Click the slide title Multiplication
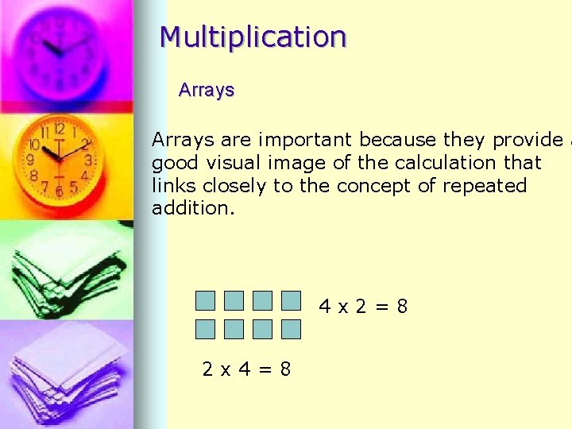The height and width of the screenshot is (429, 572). point(253,37)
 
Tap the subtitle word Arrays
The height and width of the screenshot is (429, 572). point(207,90)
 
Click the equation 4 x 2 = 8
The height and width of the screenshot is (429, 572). point(363,306)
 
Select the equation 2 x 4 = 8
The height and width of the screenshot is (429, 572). point(246,369)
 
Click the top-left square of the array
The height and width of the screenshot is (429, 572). point(206,300)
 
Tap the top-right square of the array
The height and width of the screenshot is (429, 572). point(292,300)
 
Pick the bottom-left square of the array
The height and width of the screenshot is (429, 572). point(206,329)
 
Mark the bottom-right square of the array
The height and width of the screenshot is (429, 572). point(292,329)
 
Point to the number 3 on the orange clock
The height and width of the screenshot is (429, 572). point(89,160)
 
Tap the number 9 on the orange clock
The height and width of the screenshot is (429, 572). point(30,160)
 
